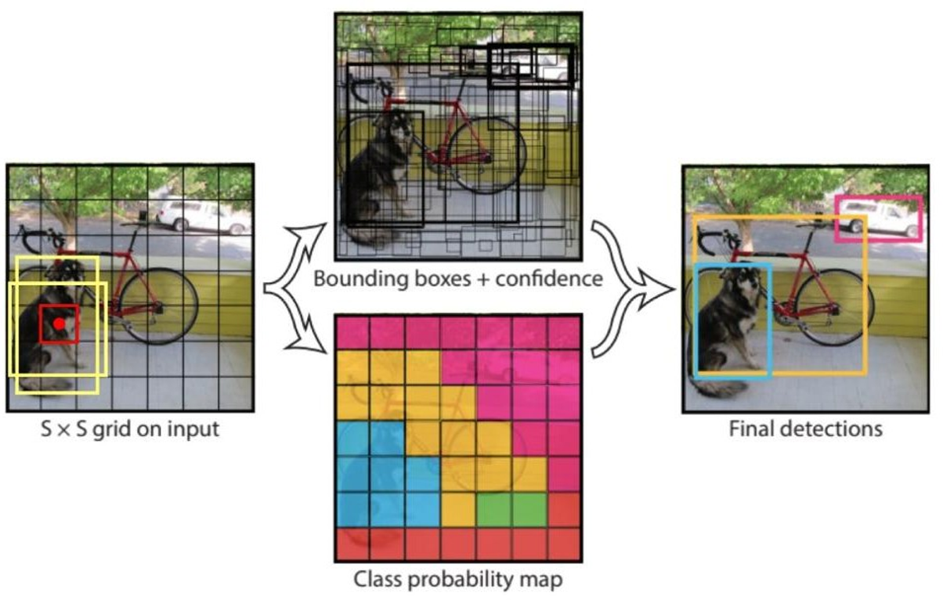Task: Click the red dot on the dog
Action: [x=59, y=323]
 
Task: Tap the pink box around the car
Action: [x=878, y=198]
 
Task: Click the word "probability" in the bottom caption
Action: [x=462, y=580]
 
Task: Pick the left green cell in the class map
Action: [x=493, y=510]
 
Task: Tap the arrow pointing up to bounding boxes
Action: [x=302, y=243]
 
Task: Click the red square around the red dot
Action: [x=42, y=323]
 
